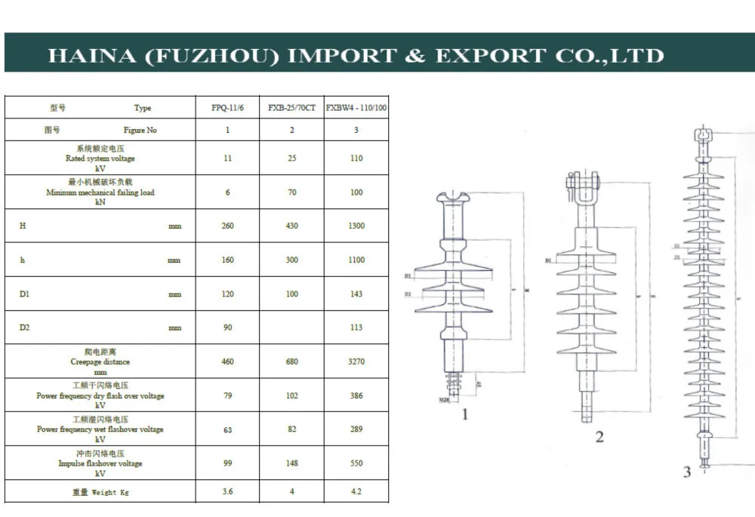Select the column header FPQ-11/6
coord(228,108)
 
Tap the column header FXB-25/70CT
coord(291,108)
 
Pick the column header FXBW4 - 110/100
coord(356,108)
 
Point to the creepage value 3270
coord(356,362)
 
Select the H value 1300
coord(356,226)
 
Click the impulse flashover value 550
coord(356,463)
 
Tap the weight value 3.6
coord(228,491)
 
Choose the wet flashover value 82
coord(292,429)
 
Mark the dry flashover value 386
coord(356,395)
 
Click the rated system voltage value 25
coord(292,158)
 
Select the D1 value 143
coord(356,294)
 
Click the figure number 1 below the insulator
coord(465,414)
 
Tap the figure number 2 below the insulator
coord(599,436)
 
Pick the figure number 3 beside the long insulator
coord(687,472)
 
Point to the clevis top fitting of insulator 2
coord(583,181)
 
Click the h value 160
coord(228,260)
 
